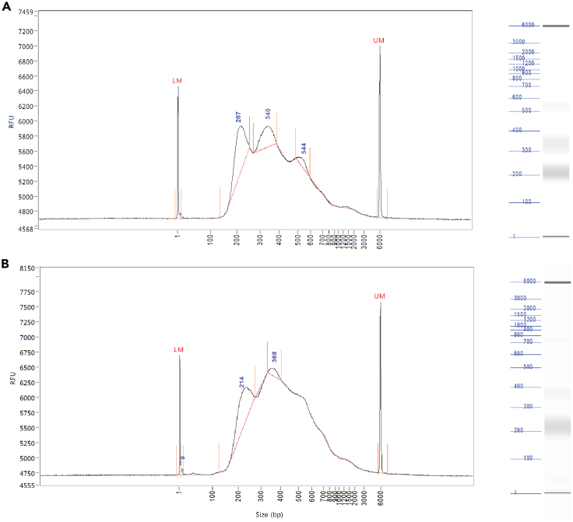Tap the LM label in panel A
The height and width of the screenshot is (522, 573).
[x=177, y=80]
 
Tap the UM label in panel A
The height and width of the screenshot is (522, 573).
[x=379, y=40]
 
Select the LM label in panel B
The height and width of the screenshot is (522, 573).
[x=178, y=350]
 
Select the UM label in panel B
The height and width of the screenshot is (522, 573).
[x=380, y=296]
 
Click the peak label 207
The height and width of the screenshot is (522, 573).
[x=239, y=117]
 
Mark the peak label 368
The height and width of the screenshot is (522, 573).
[x=274, y=356]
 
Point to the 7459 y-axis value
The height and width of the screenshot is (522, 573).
[x=24, y=12]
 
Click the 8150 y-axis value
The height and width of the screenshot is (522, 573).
[x=24, y=268]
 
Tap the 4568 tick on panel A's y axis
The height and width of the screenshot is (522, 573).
[x=24, y=229]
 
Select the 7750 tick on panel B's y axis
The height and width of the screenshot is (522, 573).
[x=24, y=292]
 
